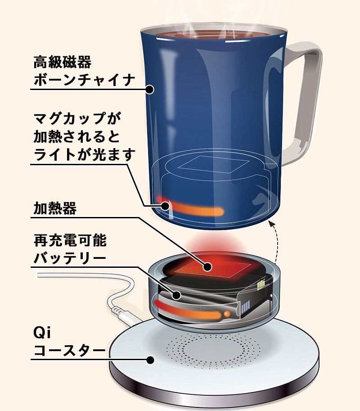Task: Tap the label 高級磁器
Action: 63,62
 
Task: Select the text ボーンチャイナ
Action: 84,79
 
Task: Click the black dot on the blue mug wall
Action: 149,90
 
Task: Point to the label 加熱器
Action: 55,208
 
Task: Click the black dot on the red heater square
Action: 207,267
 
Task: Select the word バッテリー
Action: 70,258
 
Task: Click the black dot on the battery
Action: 176,295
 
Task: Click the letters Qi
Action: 42,333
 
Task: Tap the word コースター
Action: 69,350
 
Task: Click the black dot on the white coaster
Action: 150,360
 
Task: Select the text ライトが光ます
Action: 84,155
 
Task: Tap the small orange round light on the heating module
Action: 227,313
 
